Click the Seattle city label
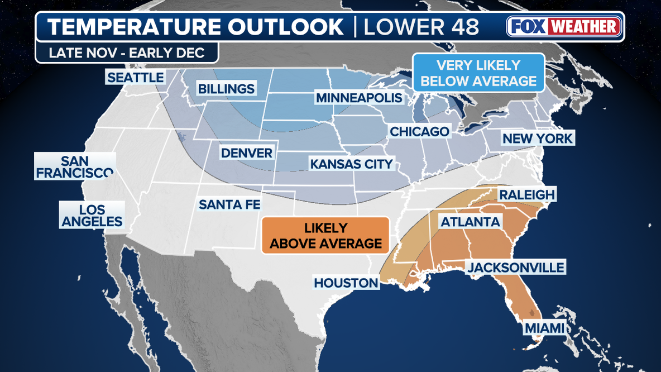[x=136, y=78]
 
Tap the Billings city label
[x=226, y=89]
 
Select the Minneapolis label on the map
[x=359, y=98]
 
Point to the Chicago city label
[x=419, y=131]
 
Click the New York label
[x=537, y=139]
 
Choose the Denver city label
[x=246, y=153]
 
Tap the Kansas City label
[x=352, y=164]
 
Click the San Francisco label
[x=75, y=166]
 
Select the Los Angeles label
[x=92, y=216]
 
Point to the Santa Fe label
[x=229, y=204]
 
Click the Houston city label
[x=346, y=283]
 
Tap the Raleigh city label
[x=526, y=194]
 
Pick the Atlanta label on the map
[x=470, y=222]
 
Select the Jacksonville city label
[x=516, y=268]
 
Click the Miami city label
[x=544, y=328]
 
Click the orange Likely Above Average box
[x=326, y=236]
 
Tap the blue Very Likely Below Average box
[x=478, y=73]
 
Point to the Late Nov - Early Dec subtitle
[x=127, y=53]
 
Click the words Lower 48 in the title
[x=421, y=27]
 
